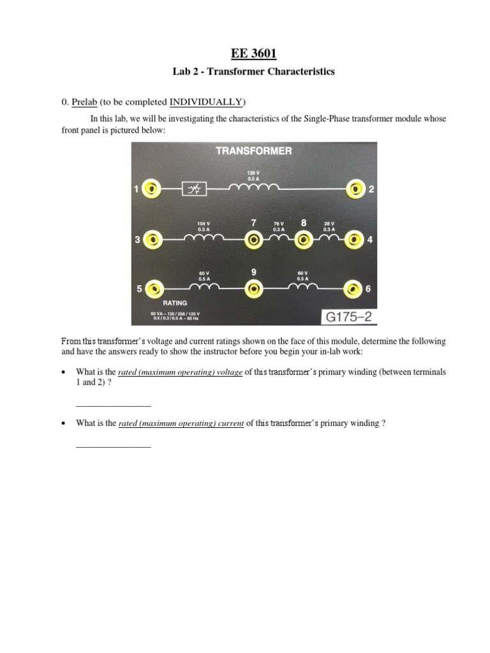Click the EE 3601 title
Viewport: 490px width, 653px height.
[x=253, y=53]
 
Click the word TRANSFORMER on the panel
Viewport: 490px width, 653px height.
[x=254, y=151]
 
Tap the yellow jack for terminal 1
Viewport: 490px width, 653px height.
[x=152, y=189]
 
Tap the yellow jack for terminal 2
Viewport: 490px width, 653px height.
[x=355, y=189]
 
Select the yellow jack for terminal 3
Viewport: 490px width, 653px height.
[x=152, y=240]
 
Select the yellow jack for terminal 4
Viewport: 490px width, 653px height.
[x=353, y=240]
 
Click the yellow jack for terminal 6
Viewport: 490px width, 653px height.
[x=353, y=288]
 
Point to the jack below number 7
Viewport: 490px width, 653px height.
[x=253, y=240]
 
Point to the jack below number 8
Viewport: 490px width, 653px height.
[x=304, y=240]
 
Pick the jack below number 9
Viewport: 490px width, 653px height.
[x=253, y=288]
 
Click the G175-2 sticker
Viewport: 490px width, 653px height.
[x=348, y=316]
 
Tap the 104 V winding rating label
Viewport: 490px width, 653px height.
[x=204, y=226]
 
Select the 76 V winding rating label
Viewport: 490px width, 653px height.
[x=279, y=226]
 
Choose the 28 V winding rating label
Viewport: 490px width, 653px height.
[x=329, y=226]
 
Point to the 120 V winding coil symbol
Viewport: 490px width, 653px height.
[x=253, y=187]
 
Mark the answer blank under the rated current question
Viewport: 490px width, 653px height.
[x=114, y=445]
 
